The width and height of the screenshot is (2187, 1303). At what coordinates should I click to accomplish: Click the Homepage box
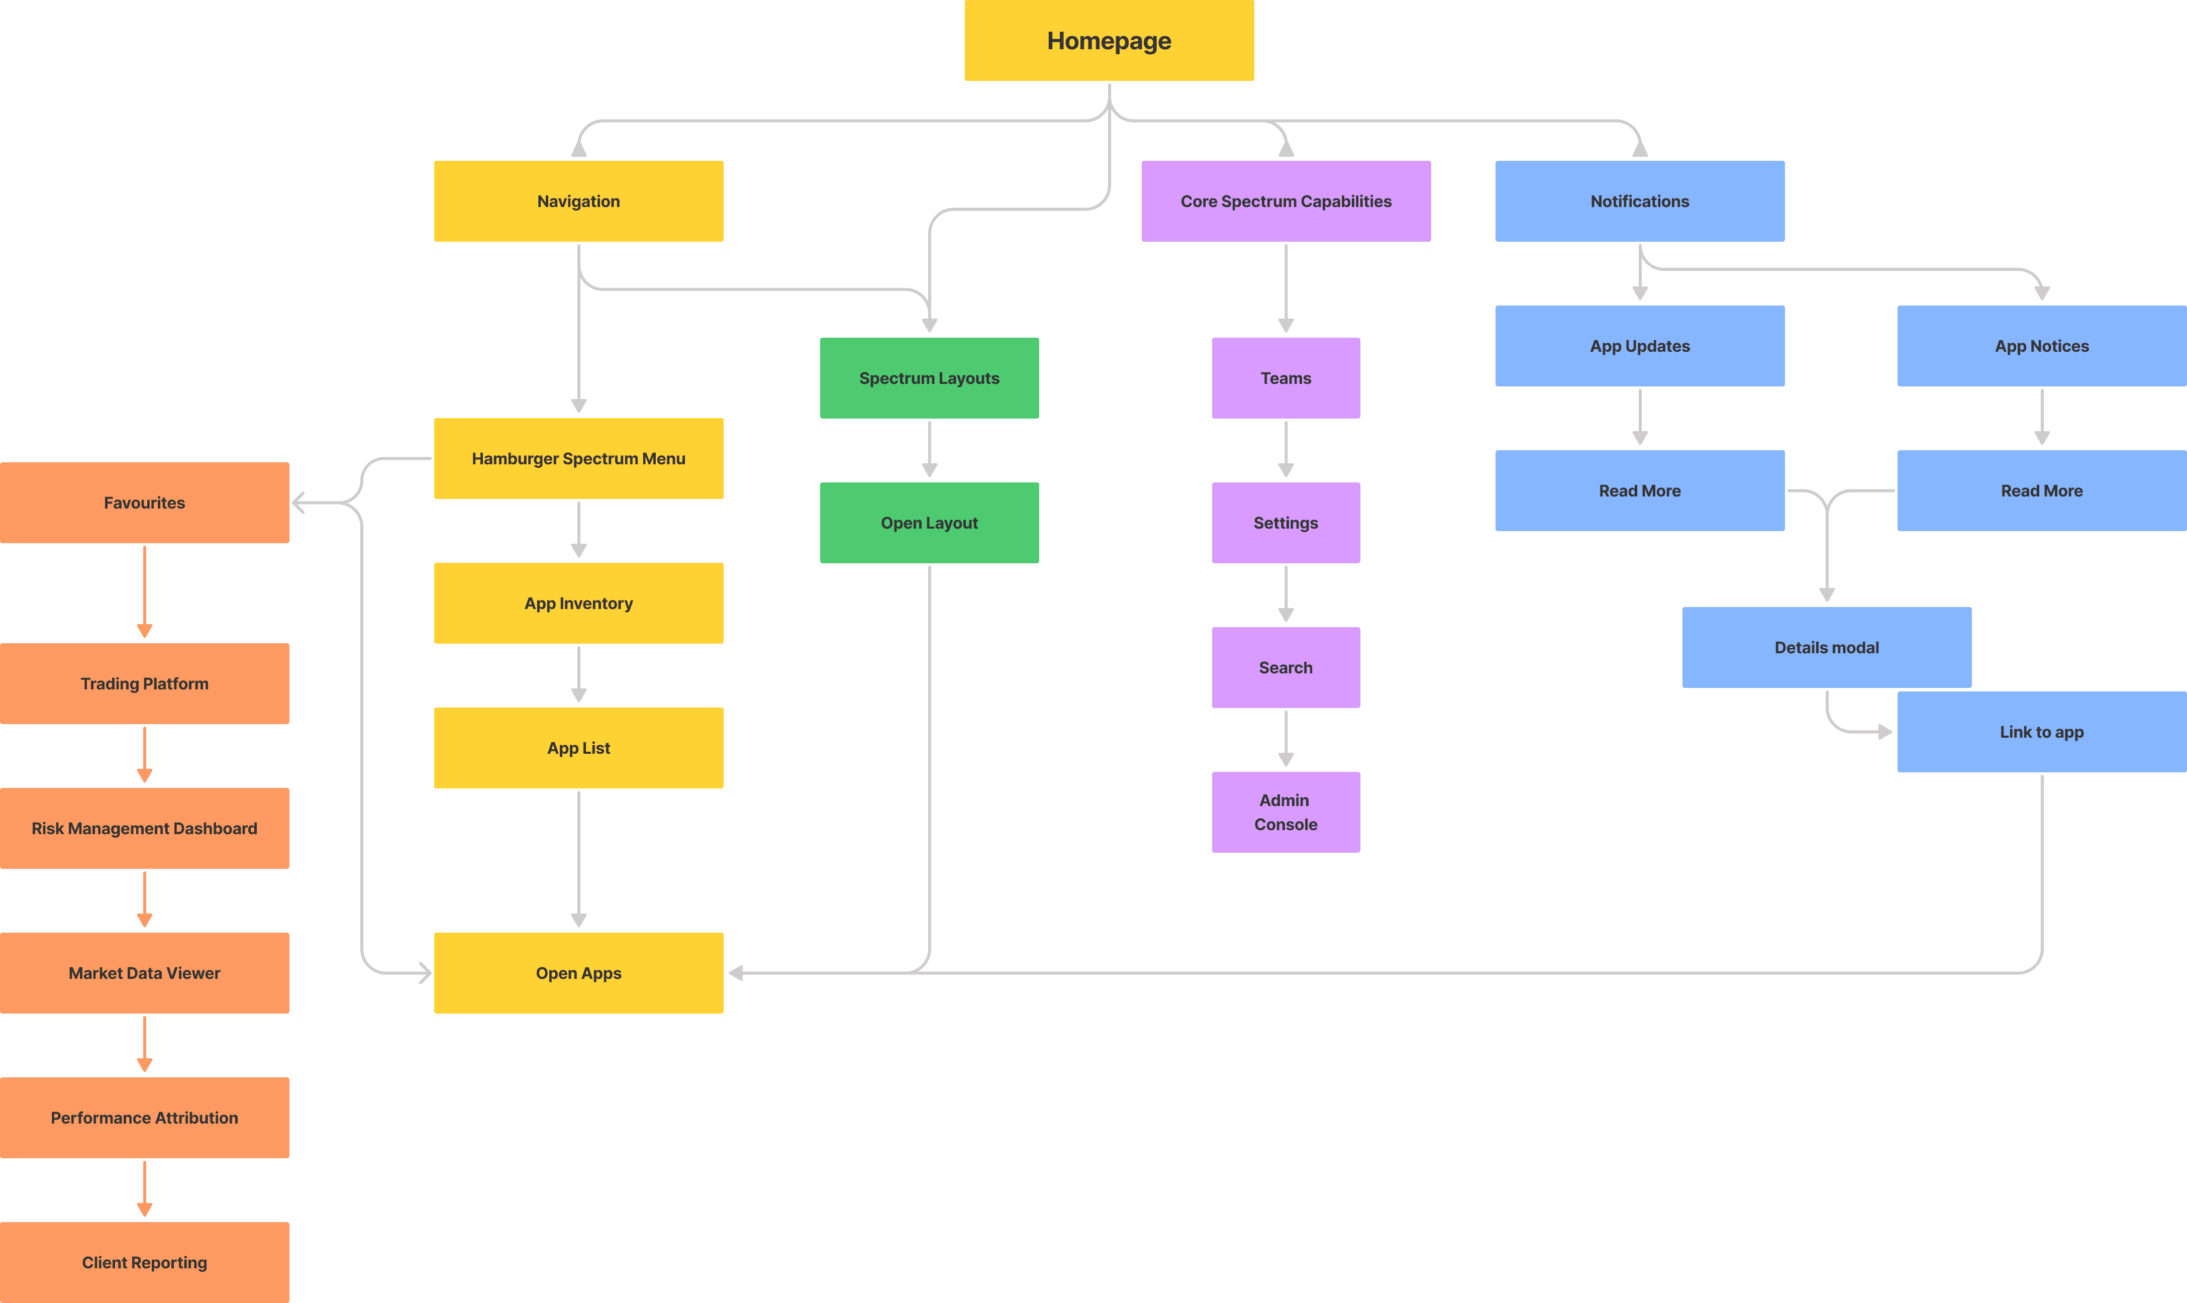pos(1109,40)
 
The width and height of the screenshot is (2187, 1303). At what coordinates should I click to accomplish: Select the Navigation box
pos(578,201)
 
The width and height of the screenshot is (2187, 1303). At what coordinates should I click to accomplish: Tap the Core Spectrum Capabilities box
pos(1285,201)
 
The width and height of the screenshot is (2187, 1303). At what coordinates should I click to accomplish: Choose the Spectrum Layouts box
pos(929,377)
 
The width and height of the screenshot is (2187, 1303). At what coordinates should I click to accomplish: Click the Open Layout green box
pos(929,523)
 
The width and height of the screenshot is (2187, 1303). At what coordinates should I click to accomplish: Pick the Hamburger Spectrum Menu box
pos(578,458)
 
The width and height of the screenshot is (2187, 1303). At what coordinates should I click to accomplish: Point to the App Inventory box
pos(578,603)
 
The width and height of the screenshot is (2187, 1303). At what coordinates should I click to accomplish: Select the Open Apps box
pos(578,973)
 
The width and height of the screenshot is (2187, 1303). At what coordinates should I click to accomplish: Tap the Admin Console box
pos(1285,812)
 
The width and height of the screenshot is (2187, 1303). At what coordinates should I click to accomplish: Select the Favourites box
pos(145,502)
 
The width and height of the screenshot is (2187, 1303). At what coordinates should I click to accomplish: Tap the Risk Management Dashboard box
pos(145,828)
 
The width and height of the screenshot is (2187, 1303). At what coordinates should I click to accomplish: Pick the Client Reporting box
pos(145,1263)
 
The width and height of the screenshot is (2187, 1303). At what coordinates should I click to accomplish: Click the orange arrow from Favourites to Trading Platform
pos(145,592)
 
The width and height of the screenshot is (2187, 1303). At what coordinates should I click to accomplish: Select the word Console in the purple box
pos(1285,825)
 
